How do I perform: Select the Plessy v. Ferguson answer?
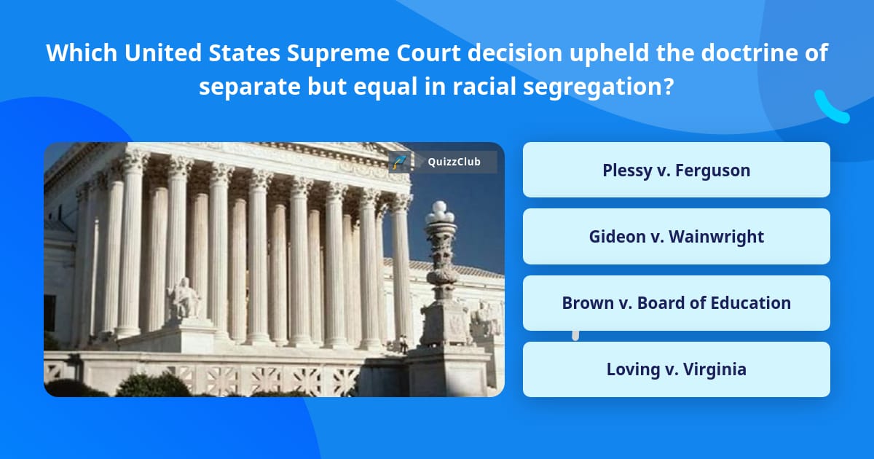pos(676,170)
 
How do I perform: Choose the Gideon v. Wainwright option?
pos(676,236)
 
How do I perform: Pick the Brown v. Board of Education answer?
pos(676,303)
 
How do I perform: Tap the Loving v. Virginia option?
pos(676,369)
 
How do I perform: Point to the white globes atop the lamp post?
pos(440,212)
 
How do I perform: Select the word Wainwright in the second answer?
pos(716,236)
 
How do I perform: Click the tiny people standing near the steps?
pos(402,342)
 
